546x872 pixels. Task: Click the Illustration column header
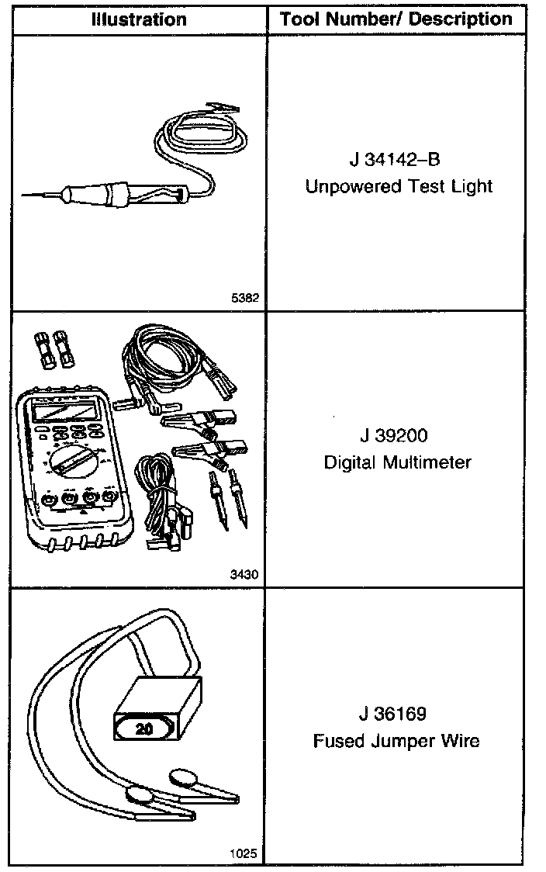point(138,19)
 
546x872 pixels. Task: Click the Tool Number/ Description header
point(396,19)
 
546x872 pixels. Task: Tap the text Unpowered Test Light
point(399,187)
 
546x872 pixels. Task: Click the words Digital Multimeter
point(397,463)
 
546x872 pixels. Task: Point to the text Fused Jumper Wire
point(396,741)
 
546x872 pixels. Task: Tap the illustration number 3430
point(244,575)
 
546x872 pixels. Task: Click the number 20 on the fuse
point(143,729)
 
